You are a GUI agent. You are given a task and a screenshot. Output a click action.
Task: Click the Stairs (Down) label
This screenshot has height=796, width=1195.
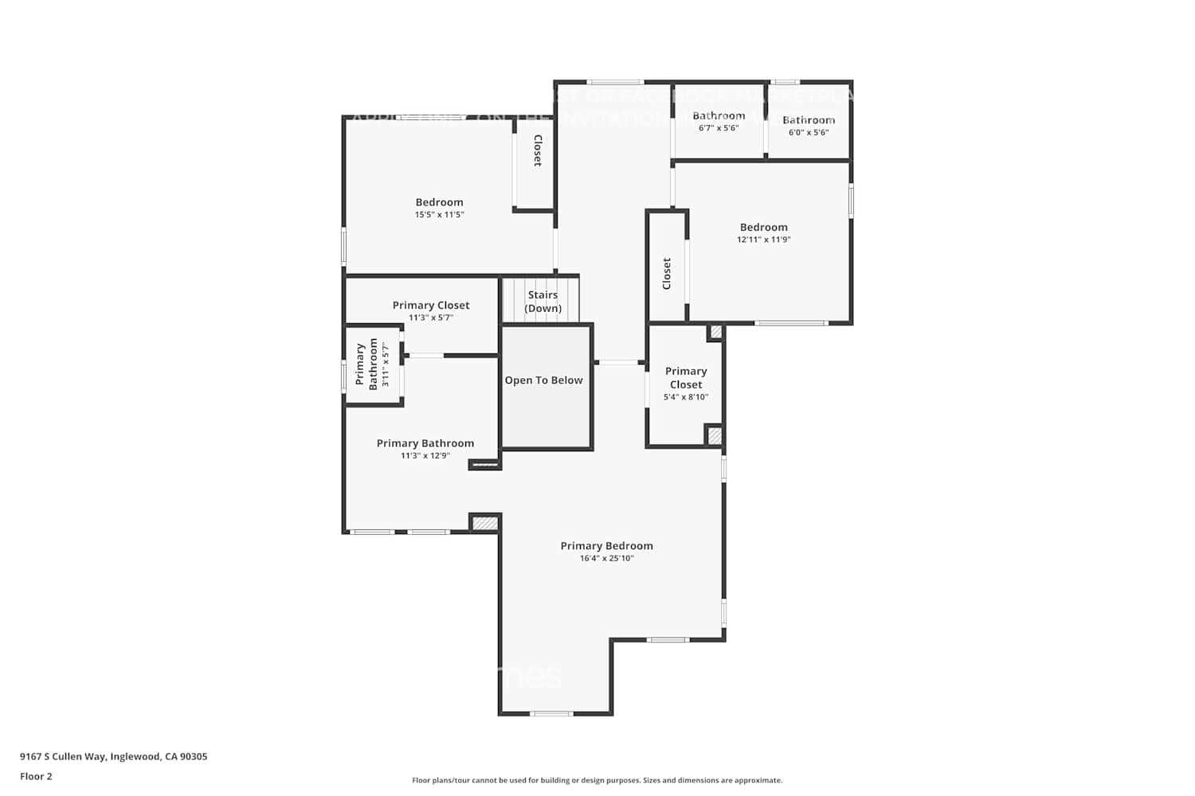pyautogui.click(x=543, y=302)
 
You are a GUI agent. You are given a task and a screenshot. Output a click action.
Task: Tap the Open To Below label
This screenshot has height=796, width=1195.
pyautogui.click(x=543, y=380)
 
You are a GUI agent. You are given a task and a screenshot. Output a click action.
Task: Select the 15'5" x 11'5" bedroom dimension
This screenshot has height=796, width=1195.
pyautogui.click(x=439, y=215)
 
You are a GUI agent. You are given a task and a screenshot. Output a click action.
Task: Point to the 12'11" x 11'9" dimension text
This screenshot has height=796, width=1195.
pyautogui.click(x=763, y=240)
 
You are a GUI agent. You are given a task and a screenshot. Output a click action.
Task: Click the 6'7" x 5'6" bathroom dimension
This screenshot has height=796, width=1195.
pyautogui.click(x=719, y=128)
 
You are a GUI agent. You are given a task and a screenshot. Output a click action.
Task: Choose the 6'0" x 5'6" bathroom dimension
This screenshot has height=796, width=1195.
pyautogui.click(x=809, y=132)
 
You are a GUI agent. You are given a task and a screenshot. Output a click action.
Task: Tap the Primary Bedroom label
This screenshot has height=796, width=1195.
pyautogui.click(x=606, y=546)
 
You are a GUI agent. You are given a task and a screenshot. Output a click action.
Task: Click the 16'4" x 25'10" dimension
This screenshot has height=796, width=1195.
pyautogui.click(x=606, y=559)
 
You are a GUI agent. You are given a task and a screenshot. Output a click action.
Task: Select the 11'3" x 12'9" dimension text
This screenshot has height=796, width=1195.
pyautogui.click(x=425, y=456)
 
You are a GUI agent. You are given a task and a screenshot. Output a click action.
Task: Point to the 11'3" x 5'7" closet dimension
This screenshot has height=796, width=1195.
pyautogui.click(x=431, y=318)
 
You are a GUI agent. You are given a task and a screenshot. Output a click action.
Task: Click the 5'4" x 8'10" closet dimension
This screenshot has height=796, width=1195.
pyautogui.click(x=685, y=397)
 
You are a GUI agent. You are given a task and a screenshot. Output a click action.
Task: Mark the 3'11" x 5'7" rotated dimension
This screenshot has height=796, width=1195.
pyautogui.click(x=386, y=365)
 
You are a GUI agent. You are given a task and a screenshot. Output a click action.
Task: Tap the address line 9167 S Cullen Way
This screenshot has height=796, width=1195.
pyautogui.click(x=113, y=757)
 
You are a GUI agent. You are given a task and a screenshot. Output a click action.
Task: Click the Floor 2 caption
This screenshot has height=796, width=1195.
pyautogui.click(x=36, y=776)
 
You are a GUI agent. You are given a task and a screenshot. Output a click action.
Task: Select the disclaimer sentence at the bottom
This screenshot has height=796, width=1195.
pyautogui.click(x=597, y=781)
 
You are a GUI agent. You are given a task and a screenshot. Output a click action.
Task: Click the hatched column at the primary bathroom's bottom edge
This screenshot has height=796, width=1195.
pyautogui.click(x=484, y=523)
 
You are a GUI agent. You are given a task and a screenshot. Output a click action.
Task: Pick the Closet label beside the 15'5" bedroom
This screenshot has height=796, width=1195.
pyautogui.click(x=537, y=150)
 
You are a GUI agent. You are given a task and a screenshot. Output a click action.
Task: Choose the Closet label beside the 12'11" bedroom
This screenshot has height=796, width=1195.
pyautogui.click(x=667, y=273)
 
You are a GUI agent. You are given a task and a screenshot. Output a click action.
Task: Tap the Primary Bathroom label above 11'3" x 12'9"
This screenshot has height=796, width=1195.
pyautogui.click(x=425, y=443)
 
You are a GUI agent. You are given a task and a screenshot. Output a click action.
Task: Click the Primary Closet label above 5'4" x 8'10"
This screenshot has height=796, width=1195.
pyautogui.click(x=685, y=377)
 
